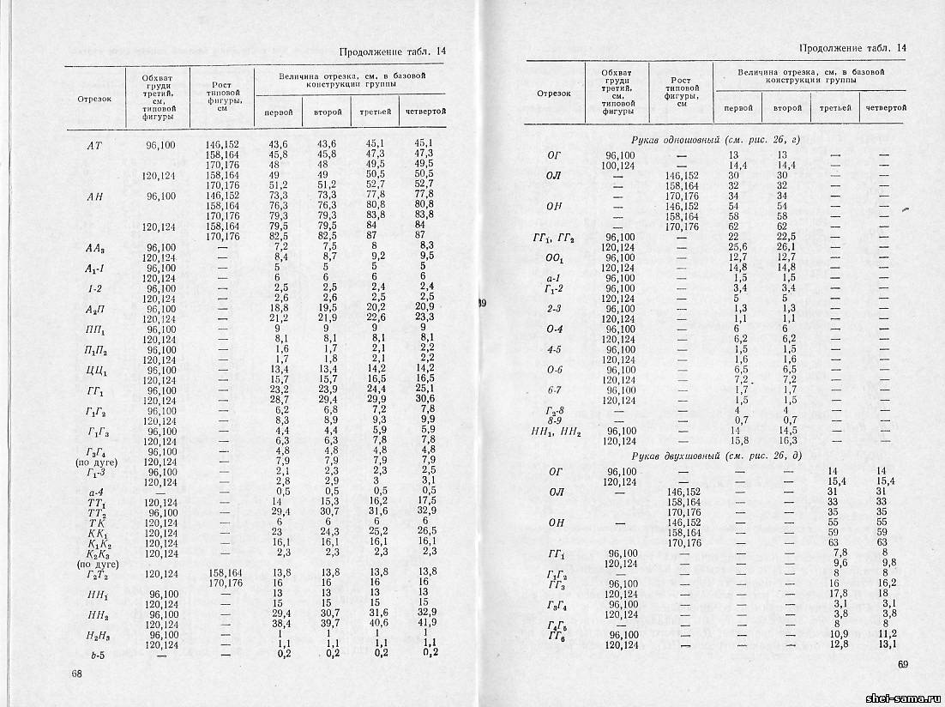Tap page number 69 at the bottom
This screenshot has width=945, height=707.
tap(902, 663)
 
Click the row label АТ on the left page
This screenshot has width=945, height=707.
tap(95, 145)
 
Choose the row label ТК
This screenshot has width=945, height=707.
tap(95, 522)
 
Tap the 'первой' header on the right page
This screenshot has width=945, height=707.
tap(738, 108)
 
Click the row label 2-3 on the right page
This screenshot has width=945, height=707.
tap(554, 308)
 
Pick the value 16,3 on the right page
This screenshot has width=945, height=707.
tap(787, 441)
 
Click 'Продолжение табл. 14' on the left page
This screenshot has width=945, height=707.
tap(393, 51)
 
